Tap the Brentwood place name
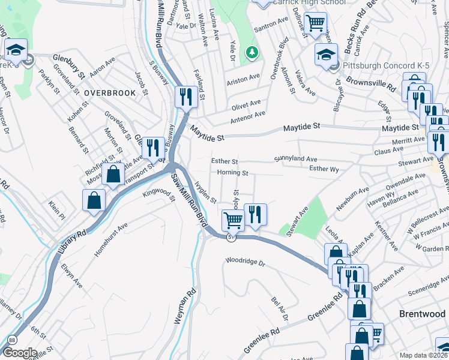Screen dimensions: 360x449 pos(423,314)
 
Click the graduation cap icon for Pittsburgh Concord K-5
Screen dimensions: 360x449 pos(326,55)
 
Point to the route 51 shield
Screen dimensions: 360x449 pos(230,238)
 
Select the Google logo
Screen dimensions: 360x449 pos(19,353)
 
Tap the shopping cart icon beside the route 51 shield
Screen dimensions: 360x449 pos(232,220)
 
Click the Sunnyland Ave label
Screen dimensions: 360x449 pos(295,159)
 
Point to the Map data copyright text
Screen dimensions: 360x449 pos(424,355)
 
